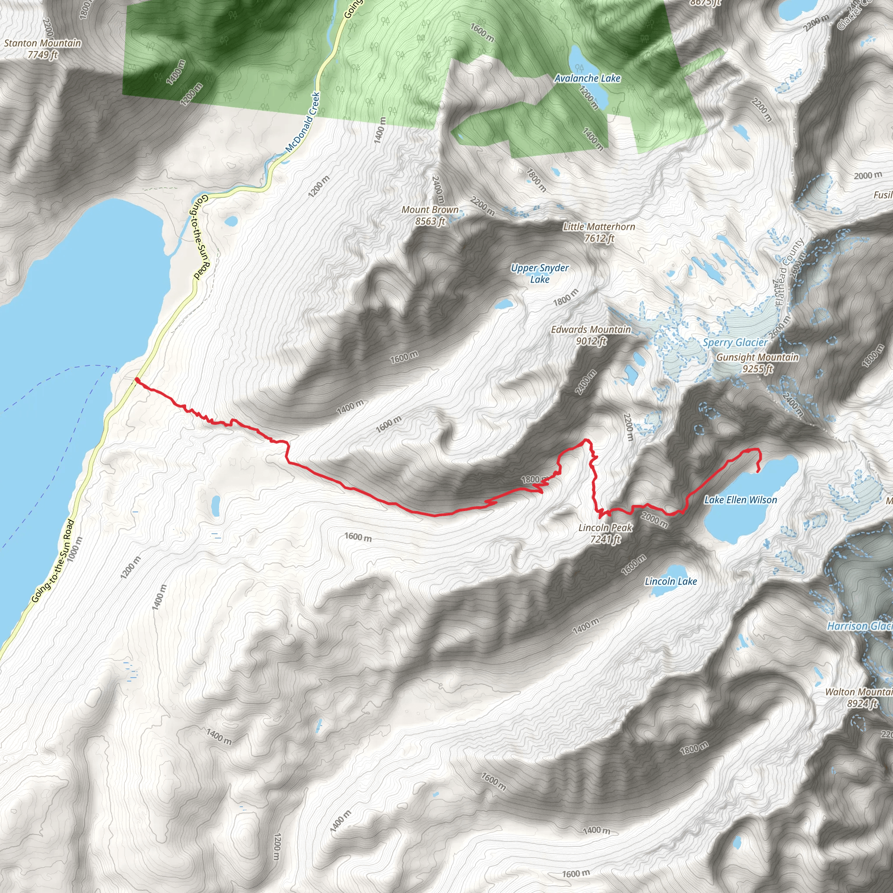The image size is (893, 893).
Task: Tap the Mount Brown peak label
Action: coord(430,215)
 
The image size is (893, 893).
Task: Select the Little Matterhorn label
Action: coord(599,232)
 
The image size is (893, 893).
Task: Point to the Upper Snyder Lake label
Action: coord(540,273)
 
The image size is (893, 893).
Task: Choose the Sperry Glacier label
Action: coord(735,342)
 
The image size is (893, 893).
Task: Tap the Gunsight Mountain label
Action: coord(757,363)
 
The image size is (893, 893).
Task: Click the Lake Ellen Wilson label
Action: coord(740,500)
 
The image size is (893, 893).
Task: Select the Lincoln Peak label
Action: coord(606,533)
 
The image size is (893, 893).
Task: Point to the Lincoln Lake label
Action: coord(671,582)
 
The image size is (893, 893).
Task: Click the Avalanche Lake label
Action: coord(587,78)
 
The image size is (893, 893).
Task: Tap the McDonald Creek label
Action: coord(303,123)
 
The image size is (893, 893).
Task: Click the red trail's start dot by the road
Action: coord(137,380)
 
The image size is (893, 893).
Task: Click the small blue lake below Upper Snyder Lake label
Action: coord(503,304)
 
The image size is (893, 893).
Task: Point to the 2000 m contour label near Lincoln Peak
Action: coord(654,520)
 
